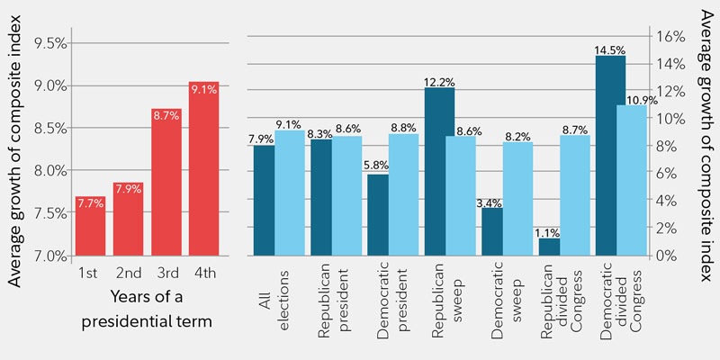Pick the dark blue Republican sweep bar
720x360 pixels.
439,171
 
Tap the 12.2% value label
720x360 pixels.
439,81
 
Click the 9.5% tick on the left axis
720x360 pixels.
47,42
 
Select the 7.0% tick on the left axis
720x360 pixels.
47,256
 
